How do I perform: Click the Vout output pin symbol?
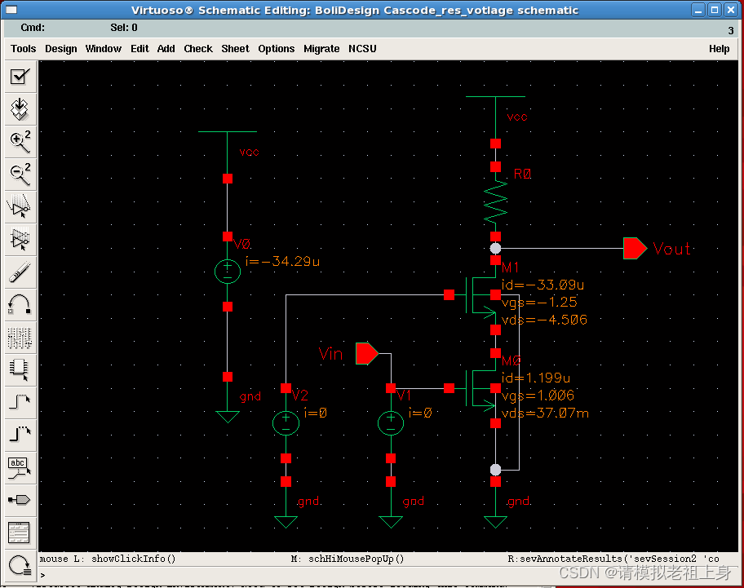[x=635, y=249]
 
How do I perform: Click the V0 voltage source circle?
[x=228, y=272]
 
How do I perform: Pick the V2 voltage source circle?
[x=286, y=422]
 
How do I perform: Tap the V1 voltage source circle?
[x=391, y=422]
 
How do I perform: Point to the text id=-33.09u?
[x=542, y=285]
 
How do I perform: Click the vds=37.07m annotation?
[x=545, y=413]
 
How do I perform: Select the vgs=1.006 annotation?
[x=538, y=396]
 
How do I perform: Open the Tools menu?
[x=23, y=49]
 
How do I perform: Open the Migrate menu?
[x=321, y=49]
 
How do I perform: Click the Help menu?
[x=719, y=49]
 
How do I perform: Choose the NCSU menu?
[x=362, y=49]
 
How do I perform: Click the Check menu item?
[x=198, y=49]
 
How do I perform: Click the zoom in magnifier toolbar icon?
[x=20, y=140]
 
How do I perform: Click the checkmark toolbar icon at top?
[x=20, y=77]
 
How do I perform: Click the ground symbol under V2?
[x=286, y=521]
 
